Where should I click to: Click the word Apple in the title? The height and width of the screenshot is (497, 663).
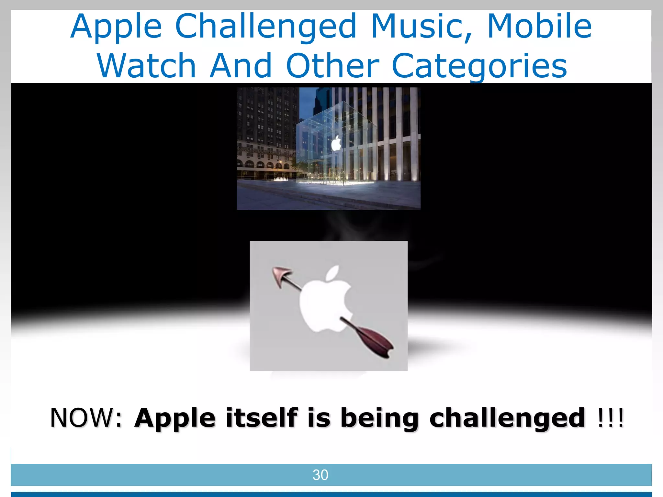click(x=116, y=28)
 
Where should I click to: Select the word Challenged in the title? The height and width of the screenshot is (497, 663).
click(x=265, y=28)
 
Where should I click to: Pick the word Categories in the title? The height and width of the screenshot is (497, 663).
click(x=479, y=66)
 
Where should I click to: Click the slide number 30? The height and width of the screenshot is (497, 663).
click(x=320, y=475)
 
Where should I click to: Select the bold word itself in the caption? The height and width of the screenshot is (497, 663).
click(x=262, y=418)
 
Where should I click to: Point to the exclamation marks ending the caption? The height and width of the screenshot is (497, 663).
click(x=610, y=418)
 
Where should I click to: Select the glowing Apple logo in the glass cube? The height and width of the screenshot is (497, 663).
click(x=336, y=143)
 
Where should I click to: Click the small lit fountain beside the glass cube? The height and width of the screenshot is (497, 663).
click(x=281, y=179)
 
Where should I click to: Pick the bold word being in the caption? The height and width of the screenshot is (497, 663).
click(x=379, y=418)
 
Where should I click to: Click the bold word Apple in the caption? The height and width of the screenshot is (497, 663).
click(x=175, y=418)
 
